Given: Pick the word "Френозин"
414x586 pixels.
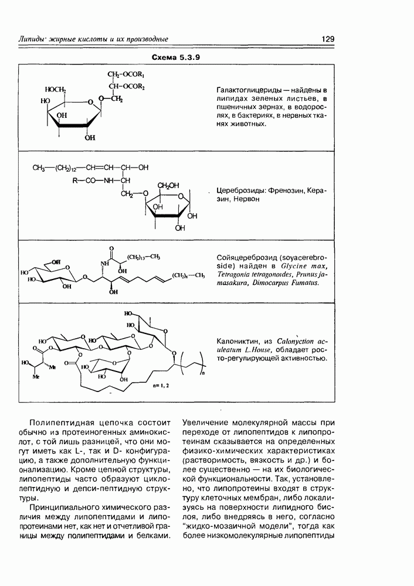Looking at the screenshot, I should (x=288, y=192).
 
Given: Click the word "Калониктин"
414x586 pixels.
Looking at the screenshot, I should (x=236, y=340).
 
